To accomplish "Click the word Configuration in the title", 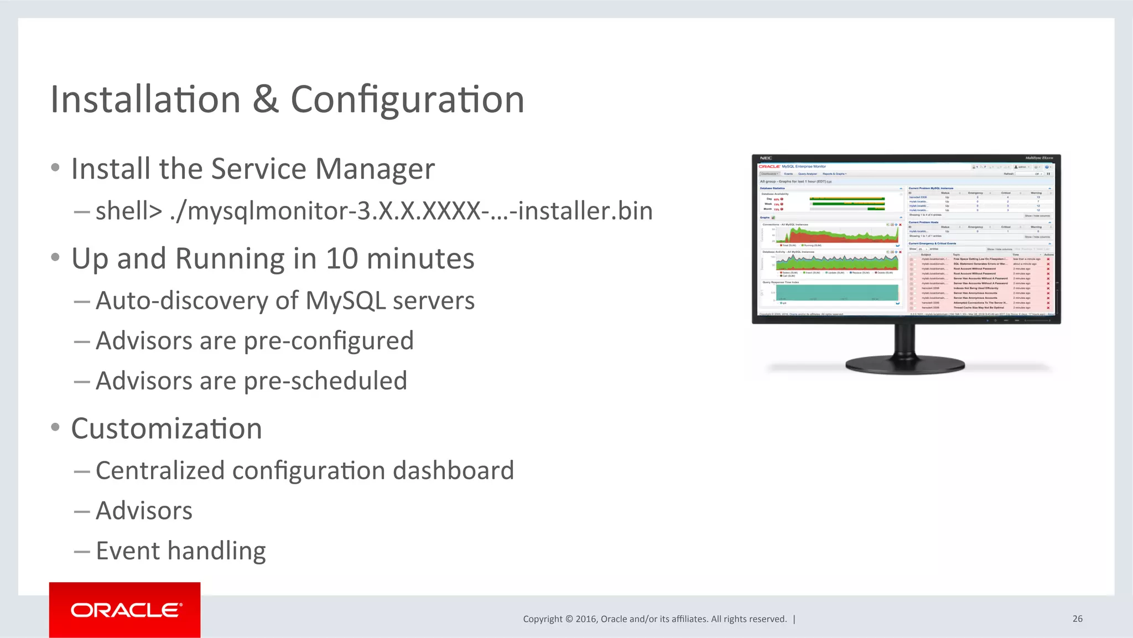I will (x=407, y=100).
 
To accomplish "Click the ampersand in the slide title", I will (x=266, y=100).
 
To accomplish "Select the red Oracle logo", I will (x=125, y=610).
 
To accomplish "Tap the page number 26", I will (x=1077, y=619).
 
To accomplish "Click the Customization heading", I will (x=167, y=429).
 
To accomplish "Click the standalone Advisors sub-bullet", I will (x=144, y=511).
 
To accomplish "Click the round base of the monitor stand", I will (x=905, y=365).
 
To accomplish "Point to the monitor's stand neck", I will (x=905, y=340).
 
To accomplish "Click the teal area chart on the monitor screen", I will (x=836, y=292).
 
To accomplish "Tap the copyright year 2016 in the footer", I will (x=586, y=619).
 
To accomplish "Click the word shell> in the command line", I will (x=129, y=211).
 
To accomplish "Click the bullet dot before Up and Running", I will (x=55, y=257).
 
